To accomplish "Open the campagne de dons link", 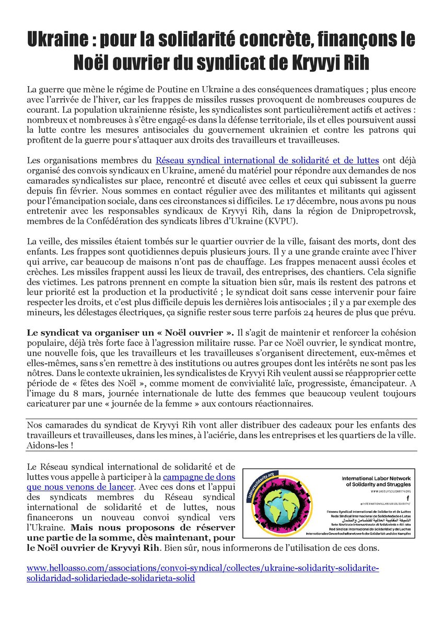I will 199,477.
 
